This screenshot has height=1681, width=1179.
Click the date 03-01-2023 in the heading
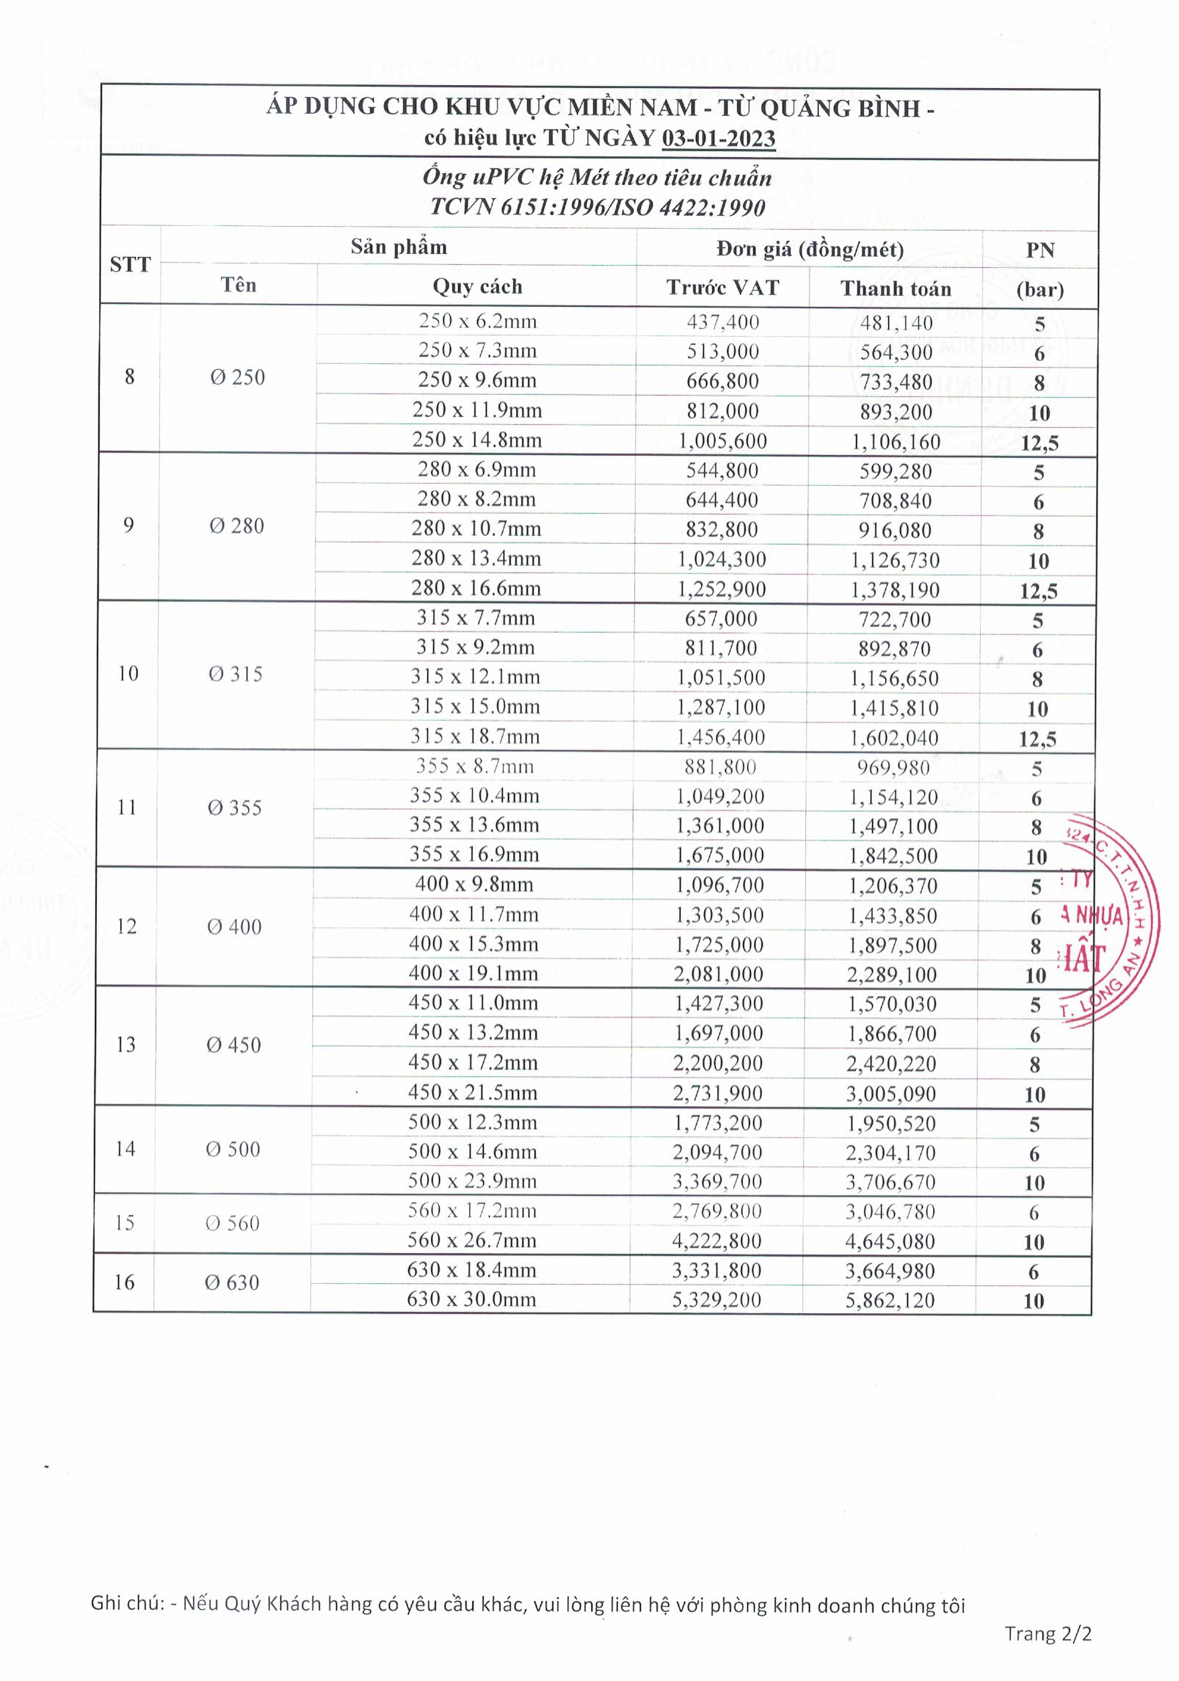click(718, 139)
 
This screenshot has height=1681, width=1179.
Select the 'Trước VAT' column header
click(722, 288)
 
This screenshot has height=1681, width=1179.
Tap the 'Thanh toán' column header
click(896, 288)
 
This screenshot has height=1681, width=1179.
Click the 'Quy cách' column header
click(477, 286)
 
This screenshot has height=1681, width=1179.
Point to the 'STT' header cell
click(130, 265)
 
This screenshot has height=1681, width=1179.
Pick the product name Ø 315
click(236, 674)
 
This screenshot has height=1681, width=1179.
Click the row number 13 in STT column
click(126, 1045)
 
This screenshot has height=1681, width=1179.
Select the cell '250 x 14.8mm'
click(477, 440)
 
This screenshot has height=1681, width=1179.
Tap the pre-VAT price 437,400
click(723, 322)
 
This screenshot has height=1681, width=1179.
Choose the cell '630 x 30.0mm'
click(471, 1300)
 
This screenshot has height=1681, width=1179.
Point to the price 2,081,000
click(719, 975)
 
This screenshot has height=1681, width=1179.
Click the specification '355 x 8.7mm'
click(474, 767)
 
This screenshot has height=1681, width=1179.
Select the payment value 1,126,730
click(895, 561)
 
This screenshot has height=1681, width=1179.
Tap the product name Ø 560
click(233, 1224)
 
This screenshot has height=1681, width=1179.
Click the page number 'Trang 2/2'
click(1048, 1634)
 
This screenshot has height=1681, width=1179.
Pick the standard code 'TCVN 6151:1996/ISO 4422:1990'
click(598, 208)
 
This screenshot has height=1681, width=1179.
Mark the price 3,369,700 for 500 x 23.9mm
click(717, 1182)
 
